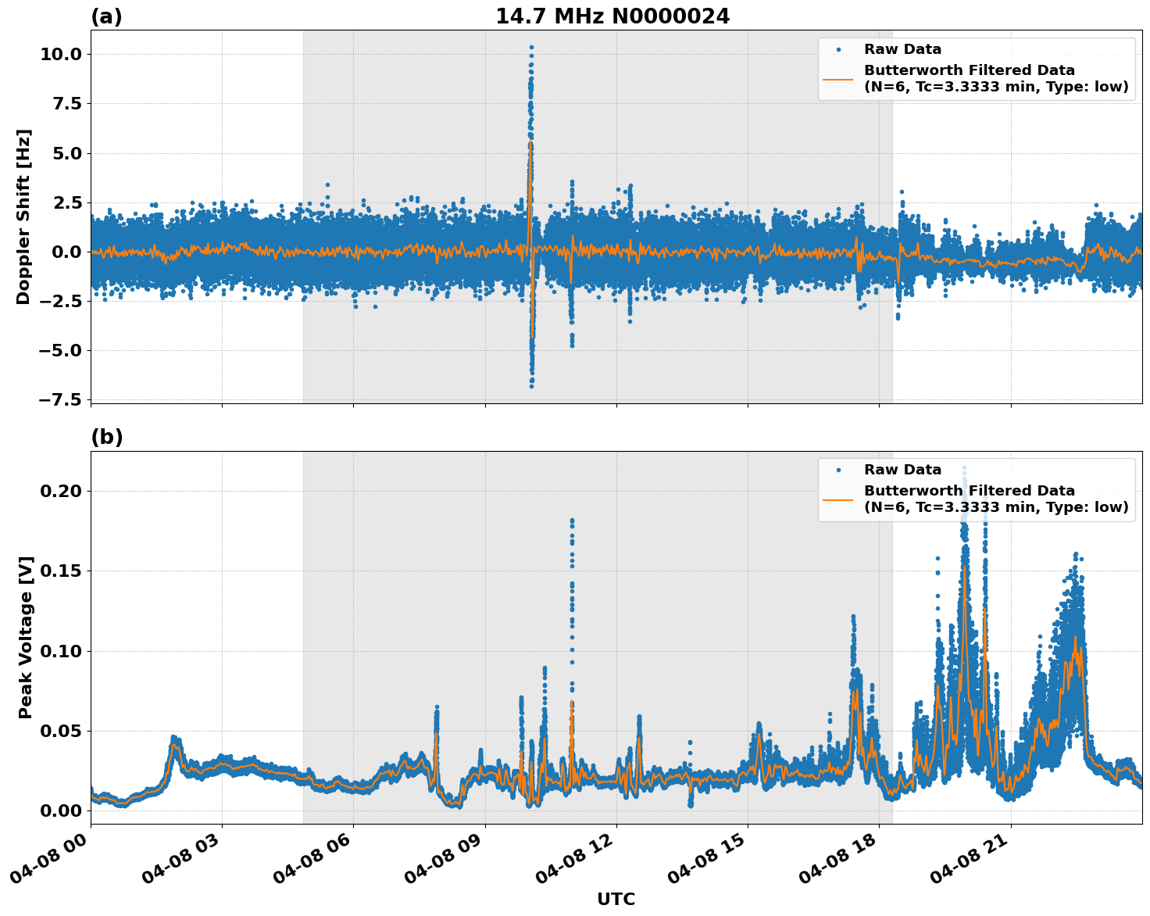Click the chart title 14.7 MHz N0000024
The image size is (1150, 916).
tap(612, 16)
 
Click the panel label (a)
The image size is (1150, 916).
tap(106, 16)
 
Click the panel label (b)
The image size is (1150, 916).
tap(106, 437)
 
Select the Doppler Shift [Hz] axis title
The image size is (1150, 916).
tap(23, 216)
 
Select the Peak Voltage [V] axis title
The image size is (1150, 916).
tap(26, 637)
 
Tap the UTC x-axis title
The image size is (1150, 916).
tap(616, 899)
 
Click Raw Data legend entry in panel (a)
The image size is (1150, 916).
tap(902, 49)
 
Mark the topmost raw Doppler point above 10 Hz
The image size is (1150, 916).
tap(531, 47)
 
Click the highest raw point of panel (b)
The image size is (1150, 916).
tap(964, 468)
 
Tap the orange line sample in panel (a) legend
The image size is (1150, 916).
tap(837, 79)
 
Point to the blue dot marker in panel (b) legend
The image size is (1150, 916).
tap(837, 470)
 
